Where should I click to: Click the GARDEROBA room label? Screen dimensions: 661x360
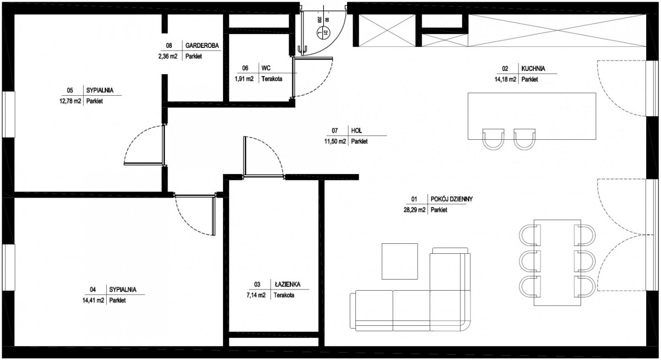(202, 45)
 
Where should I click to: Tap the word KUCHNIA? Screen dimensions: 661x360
(533, 68)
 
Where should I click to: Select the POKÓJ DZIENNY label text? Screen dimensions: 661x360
(452, 199)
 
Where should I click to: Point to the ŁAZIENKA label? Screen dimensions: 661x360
(288, 284)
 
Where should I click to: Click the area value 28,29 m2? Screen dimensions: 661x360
(415, 210)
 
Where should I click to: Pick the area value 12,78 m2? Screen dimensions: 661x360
(71, 101)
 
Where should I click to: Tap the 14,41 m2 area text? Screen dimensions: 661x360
(93, 301)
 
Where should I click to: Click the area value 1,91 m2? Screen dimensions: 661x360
(244, 79)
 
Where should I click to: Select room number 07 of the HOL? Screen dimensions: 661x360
(335, 130)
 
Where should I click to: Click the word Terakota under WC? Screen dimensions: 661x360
(272, 79)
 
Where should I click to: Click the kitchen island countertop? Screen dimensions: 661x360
(532, 116)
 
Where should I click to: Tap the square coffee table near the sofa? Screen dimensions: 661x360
(400, 261)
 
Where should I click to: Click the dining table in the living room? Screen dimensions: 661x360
(557, 263)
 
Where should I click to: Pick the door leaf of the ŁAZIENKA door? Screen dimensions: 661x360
(245, 156)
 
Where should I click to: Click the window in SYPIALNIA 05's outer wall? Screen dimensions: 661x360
(9, 114)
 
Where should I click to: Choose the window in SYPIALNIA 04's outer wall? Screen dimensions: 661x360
(9, 268)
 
